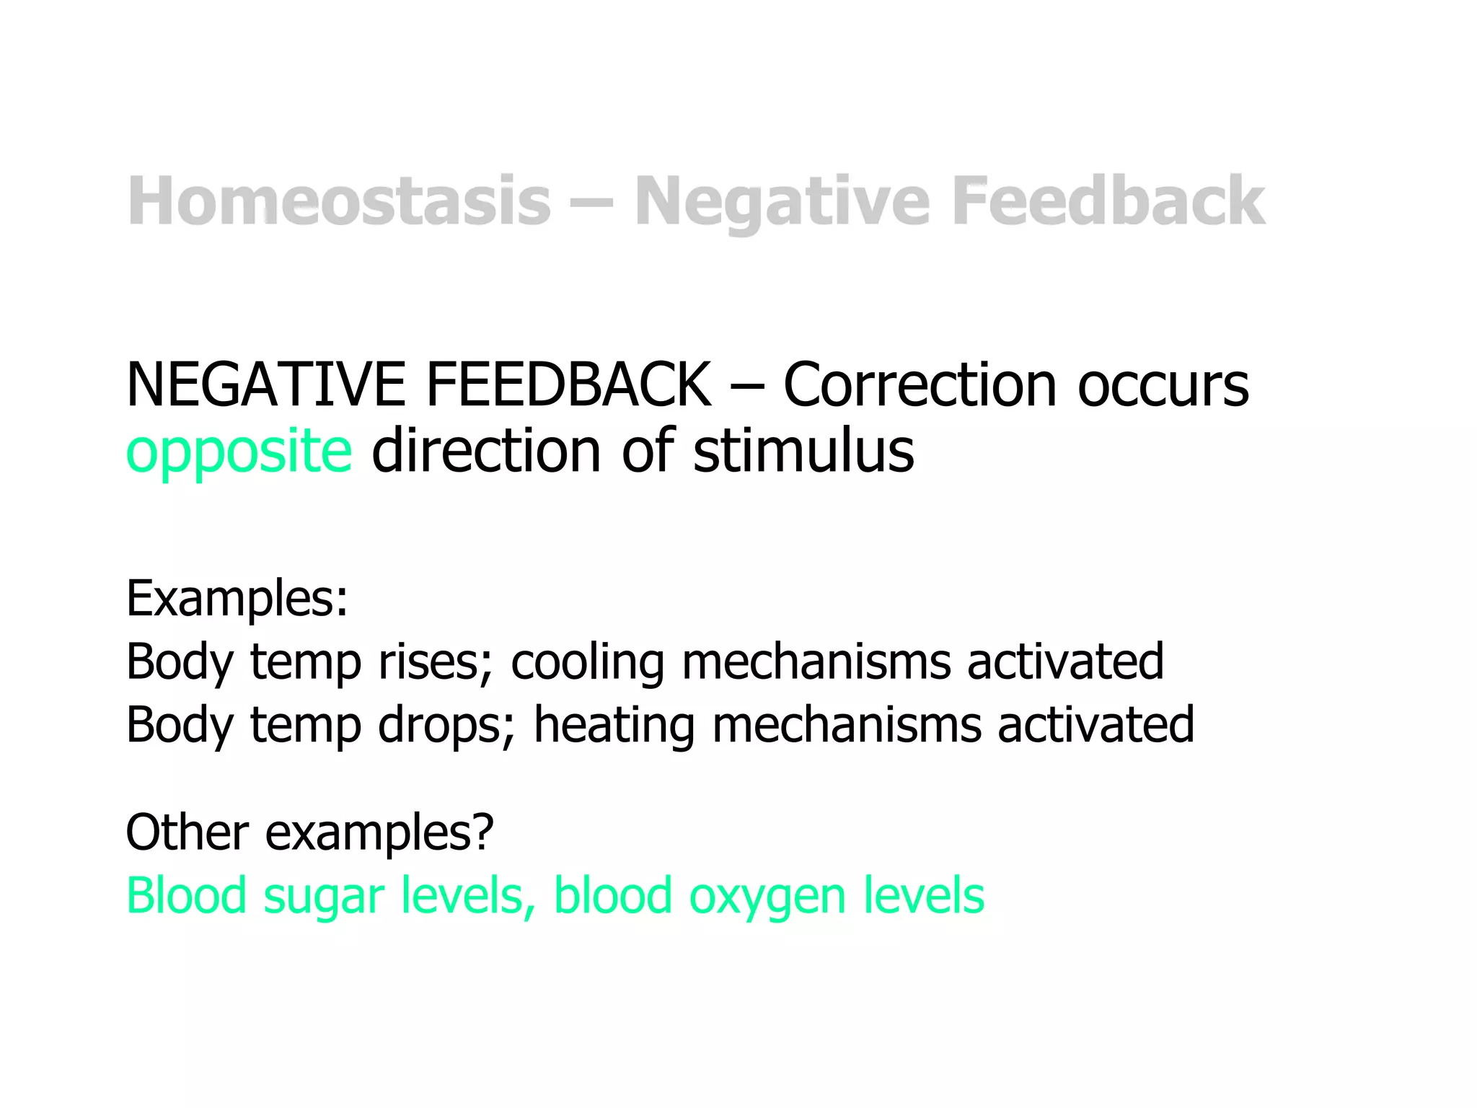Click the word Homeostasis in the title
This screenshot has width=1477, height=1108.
(x=339, y=202)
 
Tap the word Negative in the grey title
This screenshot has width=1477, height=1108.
(x=782, y=202)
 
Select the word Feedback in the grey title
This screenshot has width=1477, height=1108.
(x=1108, y=202)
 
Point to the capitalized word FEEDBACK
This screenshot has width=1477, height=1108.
(x=569, y=385)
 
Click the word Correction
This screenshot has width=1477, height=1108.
(x=920, y=385)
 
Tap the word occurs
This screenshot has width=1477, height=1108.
(x=1163, y=385)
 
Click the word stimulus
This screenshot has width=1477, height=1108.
(x=803, y=451)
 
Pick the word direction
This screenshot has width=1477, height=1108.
(x=486, y=451)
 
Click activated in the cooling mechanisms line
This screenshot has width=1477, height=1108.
(x=1065, y=661)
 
